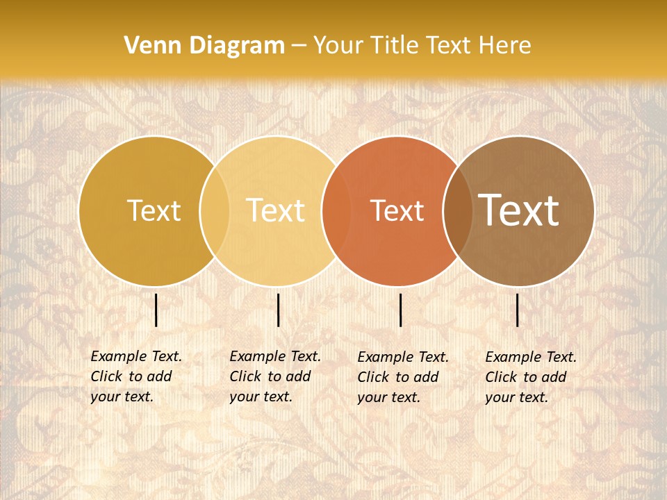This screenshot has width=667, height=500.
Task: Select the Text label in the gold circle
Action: tap(154, 210)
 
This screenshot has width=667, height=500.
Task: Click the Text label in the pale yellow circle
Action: tap(275, 210)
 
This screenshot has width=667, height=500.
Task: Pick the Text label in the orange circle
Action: tap(397, 210)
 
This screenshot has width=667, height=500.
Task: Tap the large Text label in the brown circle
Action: tap(518, 210)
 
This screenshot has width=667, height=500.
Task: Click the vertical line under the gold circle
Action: tap(156, 310)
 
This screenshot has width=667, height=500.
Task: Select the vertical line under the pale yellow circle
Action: tap(278, 310)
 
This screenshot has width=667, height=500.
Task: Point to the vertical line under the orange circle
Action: tap(400, 310)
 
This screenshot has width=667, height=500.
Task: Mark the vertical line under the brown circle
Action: tap(518, 310)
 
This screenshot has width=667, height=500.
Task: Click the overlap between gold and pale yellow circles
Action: tap(215, 210)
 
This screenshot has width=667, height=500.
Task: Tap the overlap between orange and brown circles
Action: tap(456, 210)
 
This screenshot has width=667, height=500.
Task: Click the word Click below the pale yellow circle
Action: tap(245, 376)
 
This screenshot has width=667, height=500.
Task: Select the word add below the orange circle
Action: tap(427, 377)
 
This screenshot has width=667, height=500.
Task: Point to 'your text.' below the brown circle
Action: tap(517, 397)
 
